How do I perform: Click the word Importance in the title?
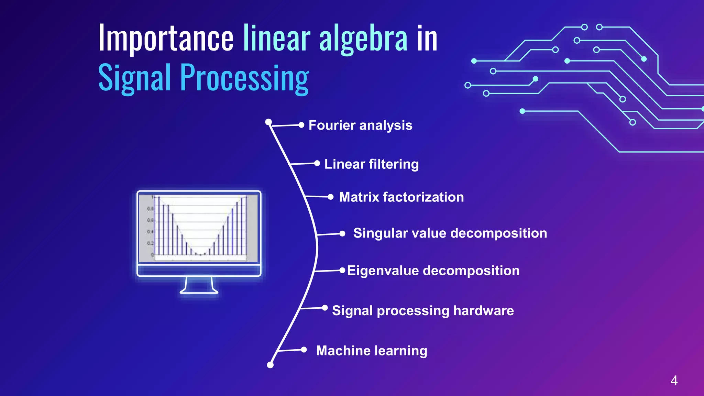pyautogui.click(x=166, y=38)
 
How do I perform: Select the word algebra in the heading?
pyautogui.click(x=363, y=38)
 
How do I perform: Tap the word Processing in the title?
pyautogui.click(x=244, y=78)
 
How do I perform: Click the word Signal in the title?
pyautogui.click(x=134, y=78)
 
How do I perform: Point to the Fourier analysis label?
pyautogui.click(x=360, y=125)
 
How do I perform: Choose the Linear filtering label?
pyautogui.click(x=371, y=164)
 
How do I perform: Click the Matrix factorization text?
pyautogui.click(x=401, y=197)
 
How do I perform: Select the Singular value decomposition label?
pyautogui.click(x=450, y=233)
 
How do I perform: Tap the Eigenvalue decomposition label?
pyautogui.click(x=433, y=271)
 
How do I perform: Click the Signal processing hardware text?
pyautogui.click(x=423, y=310)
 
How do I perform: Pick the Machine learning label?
pyautogui.click(x=371, y=351)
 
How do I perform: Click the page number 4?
pyautogui.click(x=674, y=381)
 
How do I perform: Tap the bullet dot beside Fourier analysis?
pyautogui.click(x=301, y=125)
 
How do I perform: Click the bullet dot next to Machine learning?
pyautogui.click(x=304, y=350)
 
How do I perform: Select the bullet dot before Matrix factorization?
pyautogui.click(x=331, y=197)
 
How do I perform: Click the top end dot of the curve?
pyautogui.click(x=268, y=122)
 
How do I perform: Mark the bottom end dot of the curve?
pyautogui.click(x=270, y=365)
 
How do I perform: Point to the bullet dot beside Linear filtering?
pyautogui.click(x=317, y=163)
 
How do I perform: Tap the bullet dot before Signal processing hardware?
pyautogui.click(x=325, y=308)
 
